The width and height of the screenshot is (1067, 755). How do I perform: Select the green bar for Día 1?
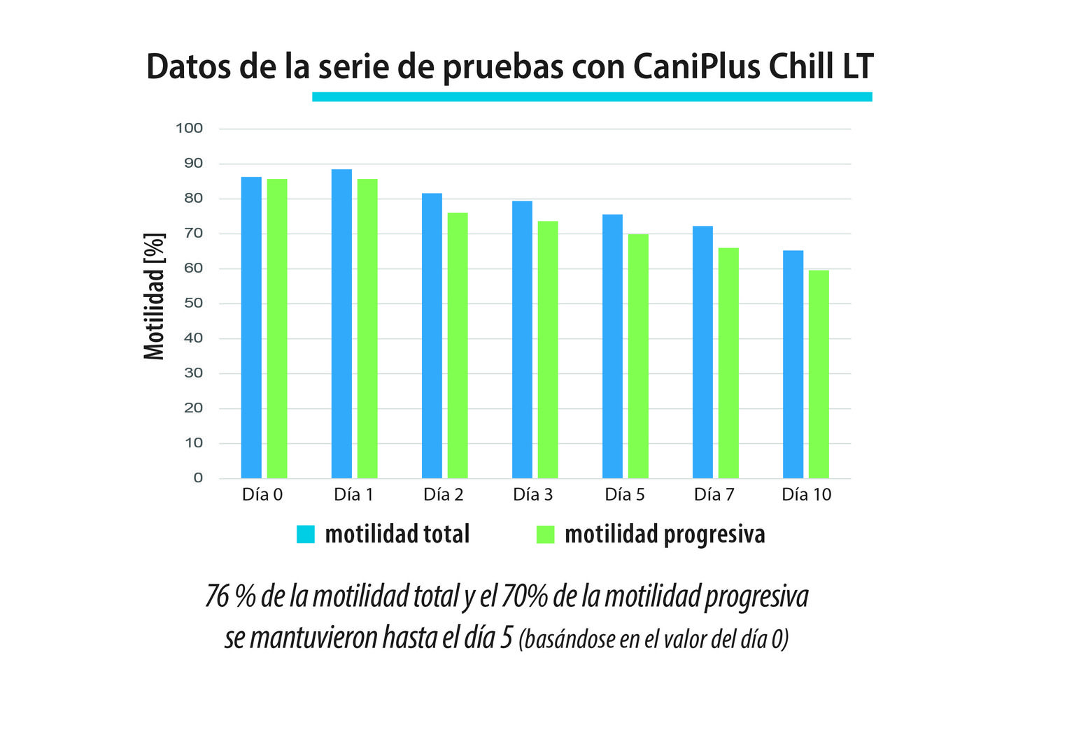coord(367,329)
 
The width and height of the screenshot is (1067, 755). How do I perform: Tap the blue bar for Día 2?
coord(432,336)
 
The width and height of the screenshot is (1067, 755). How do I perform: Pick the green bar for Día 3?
coord(548,350)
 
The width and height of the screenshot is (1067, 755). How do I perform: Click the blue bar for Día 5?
coord(612,346)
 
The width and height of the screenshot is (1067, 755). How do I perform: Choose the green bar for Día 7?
coord(728,363)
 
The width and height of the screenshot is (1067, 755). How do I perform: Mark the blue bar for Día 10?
coord(793,364)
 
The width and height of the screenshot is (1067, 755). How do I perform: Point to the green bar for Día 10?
coord(819,374)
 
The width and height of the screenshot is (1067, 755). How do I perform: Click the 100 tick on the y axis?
coord(189,128)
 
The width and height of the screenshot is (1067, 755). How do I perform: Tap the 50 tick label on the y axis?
coord(193,303)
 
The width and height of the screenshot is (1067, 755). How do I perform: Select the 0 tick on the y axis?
coord(198,477)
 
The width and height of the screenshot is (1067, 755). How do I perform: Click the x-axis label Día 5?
coord(625,495)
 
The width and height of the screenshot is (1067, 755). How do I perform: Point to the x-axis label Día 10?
coord(806,495)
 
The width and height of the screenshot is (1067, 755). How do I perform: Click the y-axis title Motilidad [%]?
coord(155,296)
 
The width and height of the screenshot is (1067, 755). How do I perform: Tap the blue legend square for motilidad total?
coord(306,534)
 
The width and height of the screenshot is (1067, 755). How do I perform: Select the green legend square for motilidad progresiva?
coord(545,534)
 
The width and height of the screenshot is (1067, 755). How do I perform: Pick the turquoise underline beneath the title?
coord(592,96)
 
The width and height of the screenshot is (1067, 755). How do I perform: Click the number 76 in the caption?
coord(217,596)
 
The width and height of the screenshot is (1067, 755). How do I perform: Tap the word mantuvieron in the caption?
coord(313,638)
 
